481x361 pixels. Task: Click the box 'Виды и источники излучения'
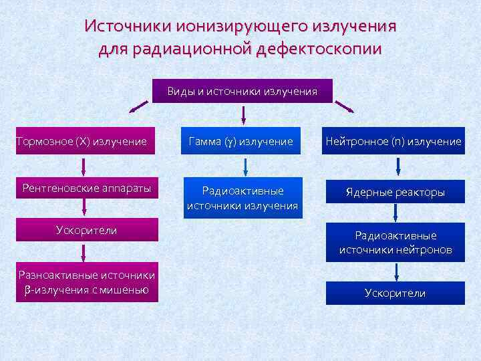coord(243,91)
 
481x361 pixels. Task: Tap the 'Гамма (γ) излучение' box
coord(241,141)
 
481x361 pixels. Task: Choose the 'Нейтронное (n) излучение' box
coord(393,141)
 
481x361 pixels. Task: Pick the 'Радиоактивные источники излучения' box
coord(243,198)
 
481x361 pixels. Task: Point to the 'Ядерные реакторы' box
coord(395,193)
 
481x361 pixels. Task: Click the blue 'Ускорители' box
coord(395,293)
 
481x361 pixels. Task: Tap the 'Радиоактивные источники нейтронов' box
coord(395,243)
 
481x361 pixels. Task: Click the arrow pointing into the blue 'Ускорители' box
coord(396,271)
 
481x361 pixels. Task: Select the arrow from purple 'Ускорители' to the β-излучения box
coord(84,251)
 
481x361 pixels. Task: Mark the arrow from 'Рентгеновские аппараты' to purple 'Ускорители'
coord(84,209)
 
